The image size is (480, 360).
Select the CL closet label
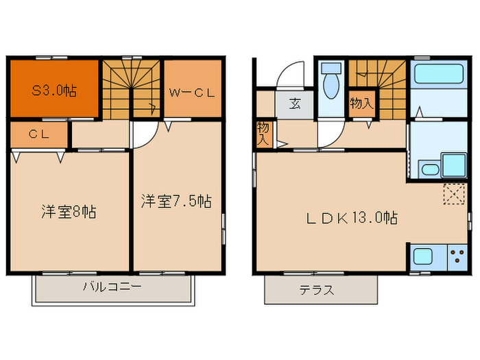(x=38, y=134)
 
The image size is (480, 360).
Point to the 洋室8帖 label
(x=67, y=211)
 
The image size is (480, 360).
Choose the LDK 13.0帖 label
(x=352, y=218)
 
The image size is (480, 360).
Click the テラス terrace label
(x=317, y=290)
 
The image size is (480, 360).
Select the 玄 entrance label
(x=294, y=105)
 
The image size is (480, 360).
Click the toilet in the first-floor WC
(x=331, y=81)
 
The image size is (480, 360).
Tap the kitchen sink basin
(x=423, y=258)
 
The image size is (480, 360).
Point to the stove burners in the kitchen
(x=457, y=258)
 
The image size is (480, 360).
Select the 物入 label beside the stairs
(x=361, y=104)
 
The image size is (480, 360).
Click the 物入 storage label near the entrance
(x=263, y=133)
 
